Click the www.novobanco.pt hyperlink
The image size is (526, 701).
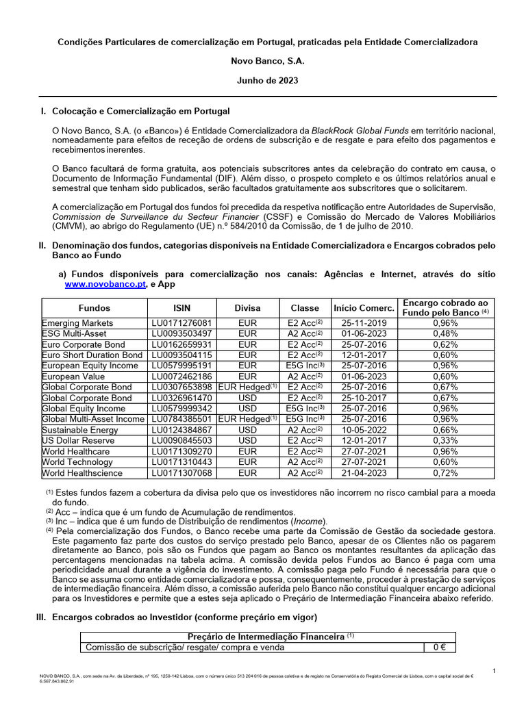(x=105, y=285)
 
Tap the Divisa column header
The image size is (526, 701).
(x=247, y=308)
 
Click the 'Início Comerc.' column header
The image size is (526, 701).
(x=364, y=308)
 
